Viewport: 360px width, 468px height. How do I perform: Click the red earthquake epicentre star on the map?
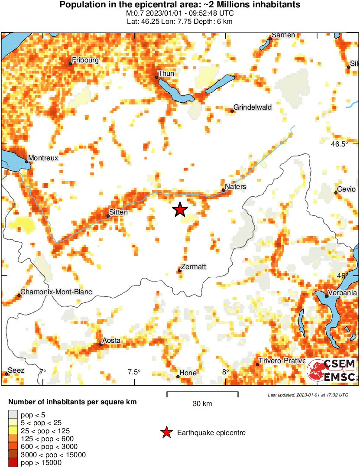click(180, 210)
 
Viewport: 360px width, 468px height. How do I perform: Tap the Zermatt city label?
click(194, 266)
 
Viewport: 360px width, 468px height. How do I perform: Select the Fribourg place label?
click(85, 60)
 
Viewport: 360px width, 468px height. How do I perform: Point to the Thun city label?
click(166, 73)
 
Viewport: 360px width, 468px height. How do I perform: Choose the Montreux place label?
click(43, 158)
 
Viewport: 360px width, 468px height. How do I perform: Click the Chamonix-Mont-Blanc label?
click(56, 292)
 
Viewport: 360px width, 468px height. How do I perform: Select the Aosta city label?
click(111, 341)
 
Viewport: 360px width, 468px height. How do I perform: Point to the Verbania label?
click(342, 292)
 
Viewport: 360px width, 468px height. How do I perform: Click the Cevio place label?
click(346, 189)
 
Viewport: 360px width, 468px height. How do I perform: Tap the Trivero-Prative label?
click(282, 361)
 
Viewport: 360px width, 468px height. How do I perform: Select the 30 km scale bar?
click(202, 394)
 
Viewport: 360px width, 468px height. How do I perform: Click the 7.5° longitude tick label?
click(134, 372)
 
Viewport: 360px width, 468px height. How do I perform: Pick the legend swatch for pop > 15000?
click(13, 462)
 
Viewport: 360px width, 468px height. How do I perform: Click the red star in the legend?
click(166, 432)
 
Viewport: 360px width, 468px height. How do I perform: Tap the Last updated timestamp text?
click(308, 395)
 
